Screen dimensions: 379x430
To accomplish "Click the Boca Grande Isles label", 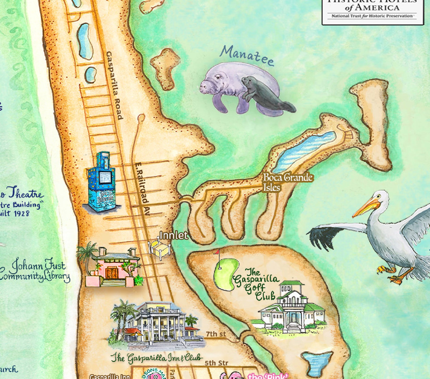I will click(288, 182).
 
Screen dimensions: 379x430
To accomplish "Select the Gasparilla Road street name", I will click(115, 85).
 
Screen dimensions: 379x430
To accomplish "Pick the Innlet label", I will click(174, 235).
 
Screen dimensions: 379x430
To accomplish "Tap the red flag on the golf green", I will click(217, 252).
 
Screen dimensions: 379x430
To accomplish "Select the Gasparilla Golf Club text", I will click(256, 284).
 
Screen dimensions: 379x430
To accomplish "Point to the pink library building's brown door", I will click(112, 273).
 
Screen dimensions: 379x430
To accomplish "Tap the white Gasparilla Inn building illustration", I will click(157, 325).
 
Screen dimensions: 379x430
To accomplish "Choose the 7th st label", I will click(216, 334).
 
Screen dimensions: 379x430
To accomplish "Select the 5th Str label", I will click(216, 363).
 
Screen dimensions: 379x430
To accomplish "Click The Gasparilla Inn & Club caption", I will click(157, 358).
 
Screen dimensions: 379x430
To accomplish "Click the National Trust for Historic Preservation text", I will click(372, 16).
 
